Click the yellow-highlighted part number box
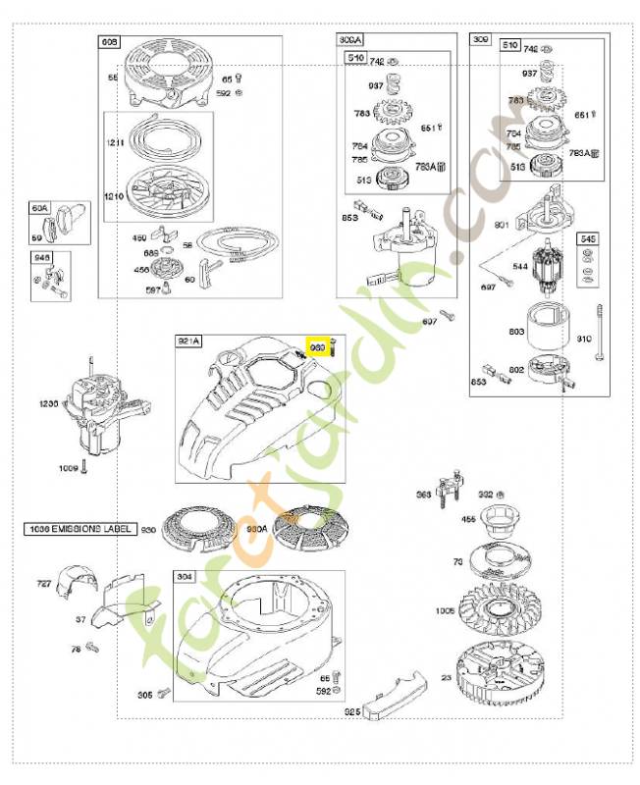(317, 347)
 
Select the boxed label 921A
(188, 341)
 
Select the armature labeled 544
(542, 268)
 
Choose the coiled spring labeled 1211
(158, 138)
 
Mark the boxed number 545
(587, 239)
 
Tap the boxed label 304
(185, 577)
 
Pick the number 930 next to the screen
(149, 530)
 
